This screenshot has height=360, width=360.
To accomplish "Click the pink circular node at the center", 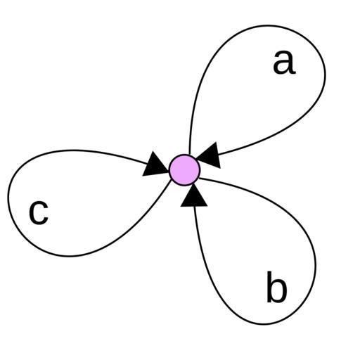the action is tap(185, 170).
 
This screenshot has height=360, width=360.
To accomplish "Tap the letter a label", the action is tap(284, 63).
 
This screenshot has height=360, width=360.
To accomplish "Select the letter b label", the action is tap(276, 286).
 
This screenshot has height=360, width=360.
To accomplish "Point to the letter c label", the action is tap(39, 212).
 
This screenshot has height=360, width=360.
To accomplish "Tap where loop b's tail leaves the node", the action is tap(199, 179).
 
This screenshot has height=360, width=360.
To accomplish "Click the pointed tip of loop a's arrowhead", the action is tap(196, 160).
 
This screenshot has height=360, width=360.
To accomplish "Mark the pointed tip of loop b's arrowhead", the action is tap(193, 184).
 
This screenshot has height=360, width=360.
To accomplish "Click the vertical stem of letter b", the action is tap(269, 286).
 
